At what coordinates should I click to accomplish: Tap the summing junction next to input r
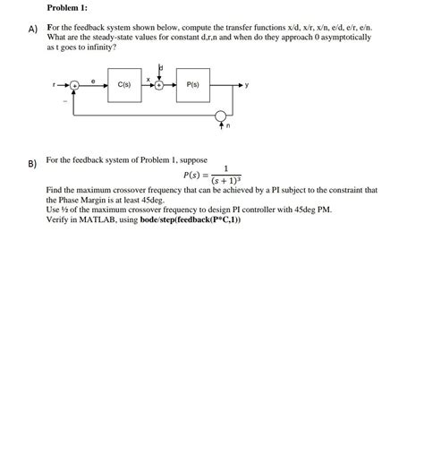tap(75, 85)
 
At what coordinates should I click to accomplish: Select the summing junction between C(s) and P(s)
tap(158, 85)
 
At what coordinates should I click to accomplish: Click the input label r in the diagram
tap(55, 85)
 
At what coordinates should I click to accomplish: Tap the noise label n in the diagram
tap(228, 126)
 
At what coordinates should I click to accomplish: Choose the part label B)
tap(32, 164)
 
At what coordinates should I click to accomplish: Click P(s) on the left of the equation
tap(195, 175)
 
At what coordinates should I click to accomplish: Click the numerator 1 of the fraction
tap(226, 167)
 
